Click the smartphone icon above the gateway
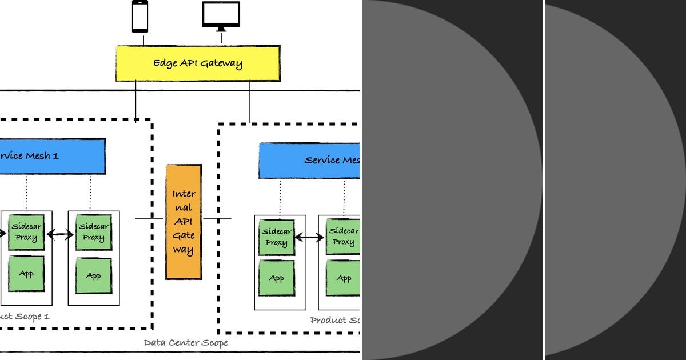[140, 17]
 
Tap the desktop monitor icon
[221, 15]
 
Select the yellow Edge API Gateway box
[198, 63]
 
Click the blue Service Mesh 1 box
[52, 156]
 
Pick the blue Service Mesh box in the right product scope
[309, 161]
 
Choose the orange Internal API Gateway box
[184, 222]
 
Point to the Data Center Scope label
[186, 343]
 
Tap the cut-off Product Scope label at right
[335, 320]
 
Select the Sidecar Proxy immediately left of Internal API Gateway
[93, 233]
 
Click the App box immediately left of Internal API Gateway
[93, 276]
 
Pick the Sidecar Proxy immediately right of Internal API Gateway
[276, 237]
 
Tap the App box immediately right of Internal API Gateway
[276, 278]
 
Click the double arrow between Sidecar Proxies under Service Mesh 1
[61, 234]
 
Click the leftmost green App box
[26, 274]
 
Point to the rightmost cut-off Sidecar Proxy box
[344, 237]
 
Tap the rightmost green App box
[344, 278]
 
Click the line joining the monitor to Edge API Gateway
[221, 39]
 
